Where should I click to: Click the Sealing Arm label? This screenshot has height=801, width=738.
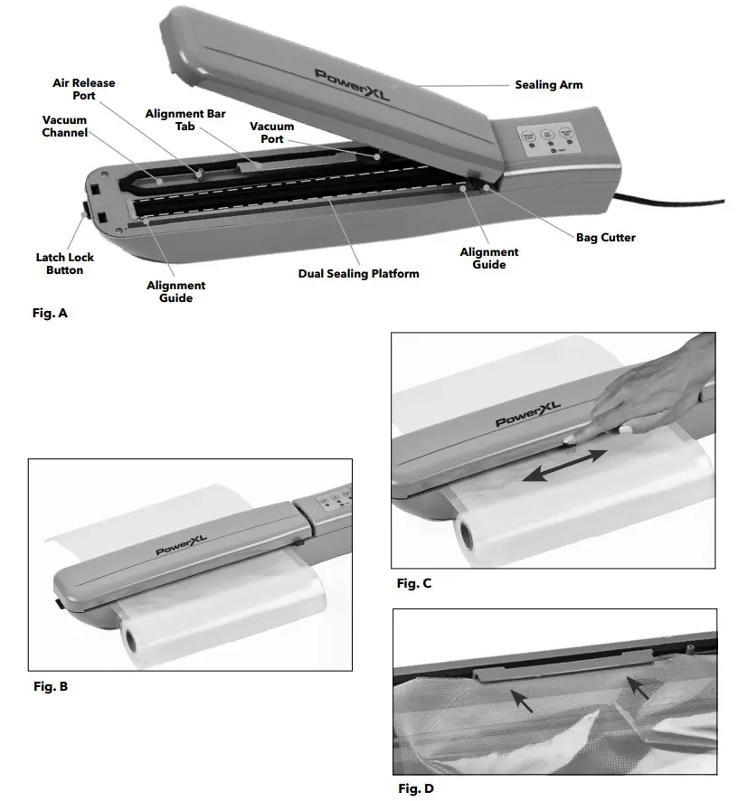click(x=548, y=85)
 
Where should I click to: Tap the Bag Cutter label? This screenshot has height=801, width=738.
click(x=605, y=238)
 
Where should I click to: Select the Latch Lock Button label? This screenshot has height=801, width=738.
click(x=65, y=264)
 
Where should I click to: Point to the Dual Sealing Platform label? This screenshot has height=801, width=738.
click(x=358, y=273)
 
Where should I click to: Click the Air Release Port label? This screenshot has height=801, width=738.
click(x=83, y=90)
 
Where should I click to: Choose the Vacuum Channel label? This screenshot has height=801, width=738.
click(x=65, y=127)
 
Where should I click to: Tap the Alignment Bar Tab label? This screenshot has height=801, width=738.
click(x=185, y=120)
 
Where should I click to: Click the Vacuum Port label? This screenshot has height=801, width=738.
click(x=266, y=133)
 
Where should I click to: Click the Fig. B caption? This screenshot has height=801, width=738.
click(x=50, y=686)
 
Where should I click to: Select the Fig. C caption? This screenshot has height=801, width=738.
click(x=414, y=583)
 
